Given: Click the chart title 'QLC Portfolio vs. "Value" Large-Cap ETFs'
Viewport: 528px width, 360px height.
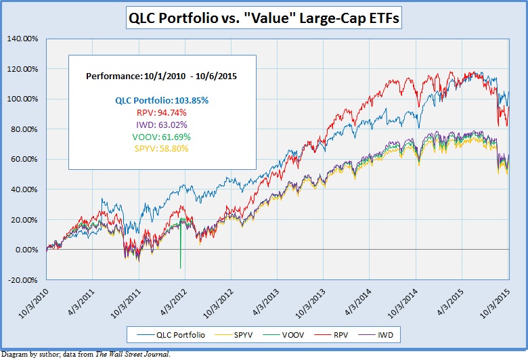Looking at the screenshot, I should (x=264, y=19).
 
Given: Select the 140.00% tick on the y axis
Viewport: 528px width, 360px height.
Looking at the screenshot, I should (x=22, y=39).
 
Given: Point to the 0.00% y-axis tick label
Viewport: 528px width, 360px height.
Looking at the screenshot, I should (x=26, y=250).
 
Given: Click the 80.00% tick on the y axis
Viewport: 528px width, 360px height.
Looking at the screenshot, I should (x=24, y=129).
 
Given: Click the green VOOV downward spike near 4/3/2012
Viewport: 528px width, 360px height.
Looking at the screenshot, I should (x=180, y=257).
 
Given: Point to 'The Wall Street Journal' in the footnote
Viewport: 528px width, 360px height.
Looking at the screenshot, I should (x=134, y=354).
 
